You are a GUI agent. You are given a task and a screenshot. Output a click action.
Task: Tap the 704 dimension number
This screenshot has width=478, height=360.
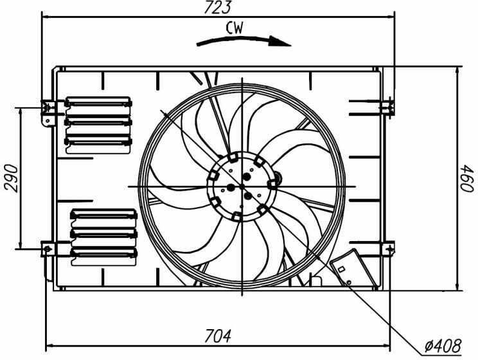(218, 336)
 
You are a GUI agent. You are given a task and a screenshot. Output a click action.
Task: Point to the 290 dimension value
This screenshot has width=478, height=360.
(12, 178)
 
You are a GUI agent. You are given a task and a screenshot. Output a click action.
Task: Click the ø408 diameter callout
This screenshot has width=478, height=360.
(443, 346)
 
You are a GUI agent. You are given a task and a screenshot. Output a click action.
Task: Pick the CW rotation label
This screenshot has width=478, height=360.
(235, 28)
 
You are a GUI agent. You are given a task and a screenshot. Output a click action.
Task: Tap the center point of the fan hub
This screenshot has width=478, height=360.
(242, 186)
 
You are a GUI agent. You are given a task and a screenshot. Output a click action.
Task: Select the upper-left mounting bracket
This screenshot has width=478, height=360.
(48, 113)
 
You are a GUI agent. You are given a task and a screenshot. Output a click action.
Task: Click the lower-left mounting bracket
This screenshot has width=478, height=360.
(48, 249)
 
